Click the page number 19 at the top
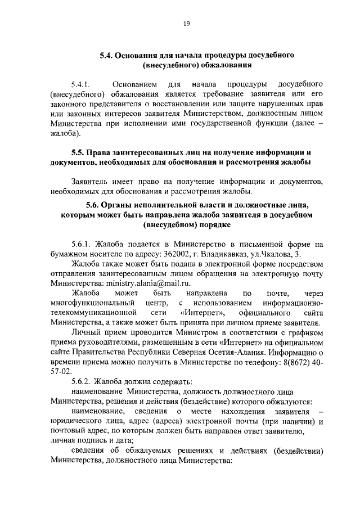click(x=186, y=23)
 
